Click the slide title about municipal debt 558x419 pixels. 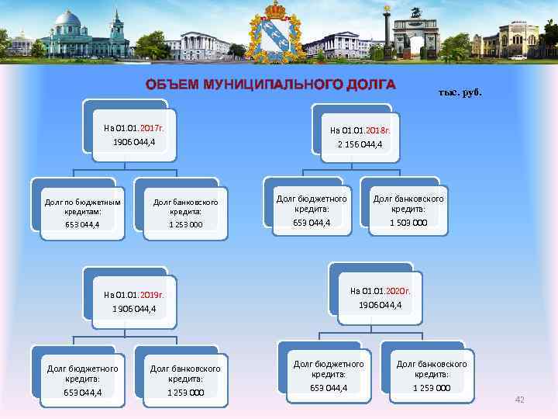(x=271, y=85)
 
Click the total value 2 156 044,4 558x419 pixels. (x=360, y=144)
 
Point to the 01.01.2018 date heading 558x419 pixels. (x=360, y=130)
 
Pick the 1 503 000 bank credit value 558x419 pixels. (x=408, y=223)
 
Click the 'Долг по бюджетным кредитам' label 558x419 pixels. (x=82, y=206)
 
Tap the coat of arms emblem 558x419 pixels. (x=277, y=33)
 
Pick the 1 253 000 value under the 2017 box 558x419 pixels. (x=185, y=225)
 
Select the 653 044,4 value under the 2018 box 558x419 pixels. (x=312, y=223)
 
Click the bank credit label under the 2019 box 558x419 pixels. (x=185, y=374)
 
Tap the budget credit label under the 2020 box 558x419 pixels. (x=329, y=369)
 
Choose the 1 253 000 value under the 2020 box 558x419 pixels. (x=432, y=388)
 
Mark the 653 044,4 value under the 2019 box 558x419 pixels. (x=83, y=393)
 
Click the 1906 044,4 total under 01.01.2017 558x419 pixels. (x=134, y=142)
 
